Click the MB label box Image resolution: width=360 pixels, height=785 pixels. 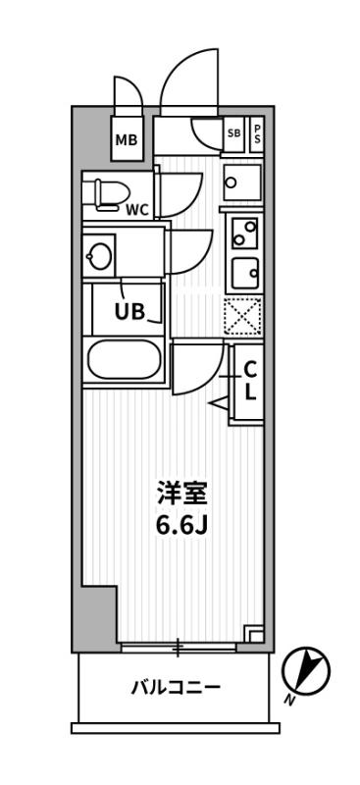(127, 139)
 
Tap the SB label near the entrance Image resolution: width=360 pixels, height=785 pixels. (234, 132)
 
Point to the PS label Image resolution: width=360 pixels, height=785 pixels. (257, 132)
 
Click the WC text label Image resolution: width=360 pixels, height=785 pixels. (137, 208)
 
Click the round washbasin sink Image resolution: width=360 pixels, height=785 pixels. (99, 257)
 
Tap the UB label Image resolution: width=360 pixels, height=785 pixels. (130, 313)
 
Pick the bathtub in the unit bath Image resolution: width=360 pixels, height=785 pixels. (125, 361)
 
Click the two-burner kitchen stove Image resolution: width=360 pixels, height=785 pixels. (242, 232)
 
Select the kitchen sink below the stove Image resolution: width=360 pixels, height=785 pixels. (243, 269)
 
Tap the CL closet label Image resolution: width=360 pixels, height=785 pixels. (250, 380)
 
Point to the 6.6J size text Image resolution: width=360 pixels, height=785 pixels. (182, 525)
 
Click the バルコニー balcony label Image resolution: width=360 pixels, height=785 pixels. (176, 687)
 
